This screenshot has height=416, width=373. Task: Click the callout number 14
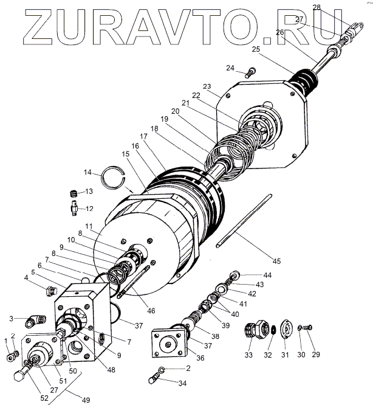88,172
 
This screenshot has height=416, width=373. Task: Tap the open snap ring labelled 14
112,178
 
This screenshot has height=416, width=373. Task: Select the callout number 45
276,262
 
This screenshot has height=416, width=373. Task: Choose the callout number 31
287,355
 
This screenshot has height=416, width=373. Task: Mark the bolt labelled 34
156,380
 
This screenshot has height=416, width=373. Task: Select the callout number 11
89,209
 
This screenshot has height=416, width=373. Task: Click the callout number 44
268,276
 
